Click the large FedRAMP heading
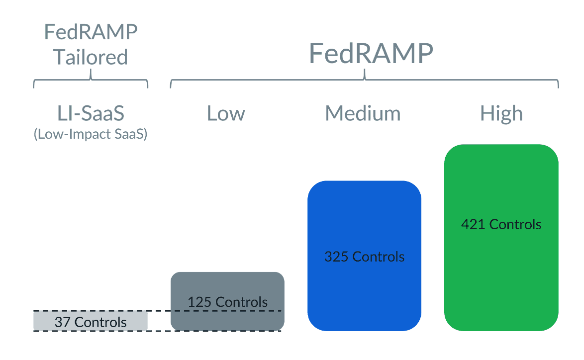371,53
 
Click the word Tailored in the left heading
91,57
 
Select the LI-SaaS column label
91,113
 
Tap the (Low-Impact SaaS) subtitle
91,134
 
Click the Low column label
226,113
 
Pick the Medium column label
363,113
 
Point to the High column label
501,113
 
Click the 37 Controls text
91,322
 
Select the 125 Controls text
227,302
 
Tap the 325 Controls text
364,257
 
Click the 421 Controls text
501,224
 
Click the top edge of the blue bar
364,182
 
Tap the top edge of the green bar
501,145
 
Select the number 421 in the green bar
473,224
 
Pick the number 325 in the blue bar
336,257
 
